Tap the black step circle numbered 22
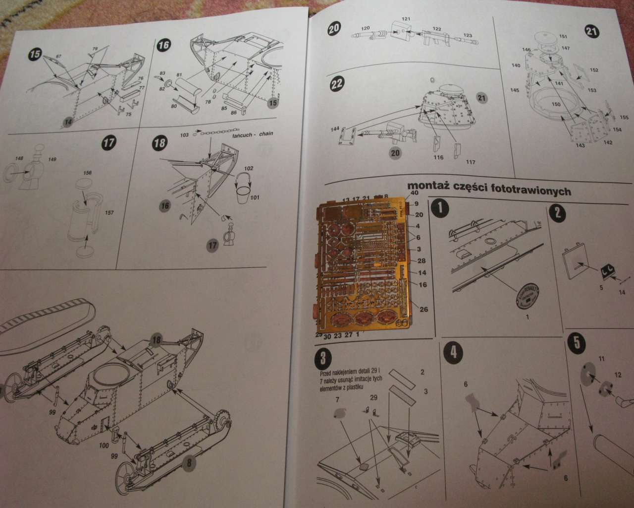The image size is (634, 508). [336, 84]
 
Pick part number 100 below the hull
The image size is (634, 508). [104, 445]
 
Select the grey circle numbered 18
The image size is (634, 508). [157, 340]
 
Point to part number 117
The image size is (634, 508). [471, 162]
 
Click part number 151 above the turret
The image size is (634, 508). [563, 37]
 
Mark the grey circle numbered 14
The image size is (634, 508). [68, 122]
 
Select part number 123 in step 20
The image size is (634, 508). [467, 35]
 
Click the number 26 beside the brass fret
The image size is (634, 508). [423, 309]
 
